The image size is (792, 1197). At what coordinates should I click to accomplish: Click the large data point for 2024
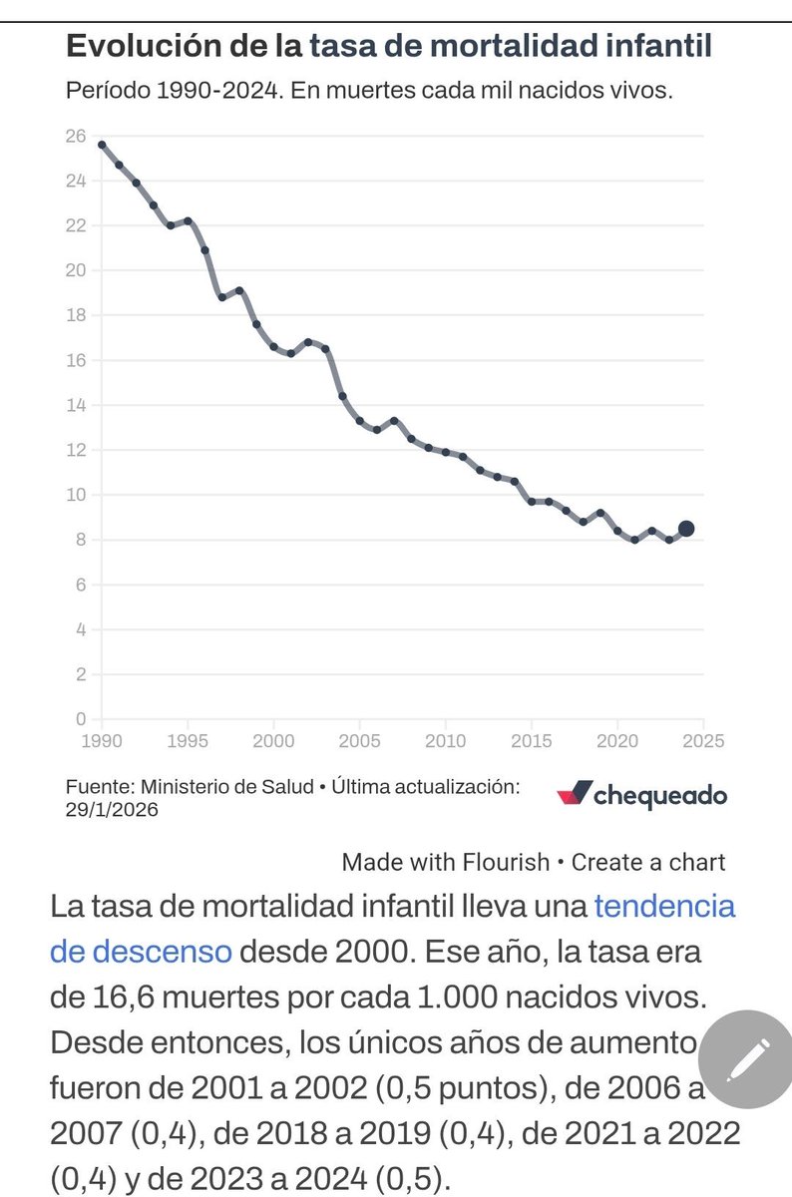[686, 529]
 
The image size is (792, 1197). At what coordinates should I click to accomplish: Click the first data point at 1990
[102, 145]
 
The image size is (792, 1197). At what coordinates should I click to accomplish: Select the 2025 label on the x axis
[703, 742]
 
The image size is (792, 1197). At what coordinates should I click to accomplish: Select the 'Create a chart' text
[648, 862]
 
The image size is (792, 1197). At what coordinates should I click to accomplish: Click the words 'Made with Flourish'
[445, 862]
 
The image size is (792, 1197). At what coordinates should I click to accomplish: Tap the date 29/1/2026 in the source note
[112, 810]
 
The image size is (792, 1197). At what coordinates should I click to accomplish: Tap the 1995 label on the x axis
[188, 742]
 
